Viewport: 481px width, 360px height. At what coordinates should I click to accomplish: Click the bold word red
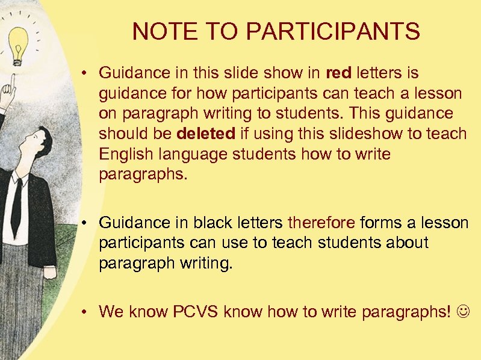pyautogui.click(x=338, y=73)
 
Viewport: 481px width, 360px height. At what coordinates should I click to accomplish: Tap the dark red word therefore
pyautogui.click(x=321, y=223)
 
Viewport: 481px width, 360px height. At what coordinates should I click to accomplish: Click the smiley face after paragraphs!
pyautogui.click(x=465, y=312)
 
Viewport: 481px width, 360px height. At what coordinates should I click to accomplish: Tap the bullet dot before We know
pyautogui.click(x=87, y=312)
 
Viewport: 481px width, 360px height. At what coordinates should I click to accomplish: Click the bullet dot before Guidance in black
pyautogui.click(x=87, y=223)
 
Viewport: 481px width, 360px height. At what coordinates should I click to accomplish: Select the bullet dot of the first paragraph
pyautogui.click(x=87, y=73)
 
